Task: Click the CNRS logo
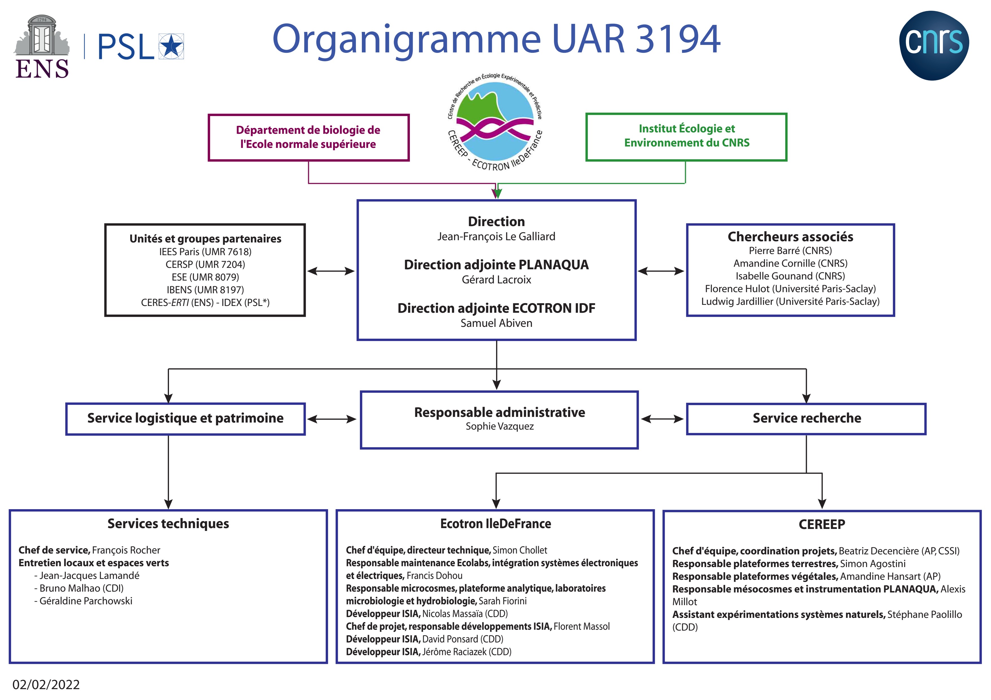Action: point(934,45)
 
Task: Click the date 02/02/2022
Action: point(46,684)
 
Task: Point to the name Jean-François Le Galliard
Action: point(496,236)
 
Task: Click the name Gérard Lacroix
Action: point(496,279)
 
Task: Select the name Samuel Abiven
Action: point(496,323)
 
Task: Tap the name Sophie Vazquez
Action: point(499,426)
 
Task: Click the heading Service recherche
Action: point(807,418)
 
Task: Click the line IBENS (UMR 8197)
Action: point(205,290)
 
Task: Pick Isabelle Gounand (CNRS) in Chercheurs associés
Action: point(790,276)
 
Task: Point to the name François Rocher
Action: point(126,550)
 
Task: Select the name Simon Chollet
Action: point(520,550)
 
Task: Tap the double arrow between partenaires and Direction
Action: point(331,271)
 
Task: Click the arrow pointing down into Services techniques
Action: point(168,472)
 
